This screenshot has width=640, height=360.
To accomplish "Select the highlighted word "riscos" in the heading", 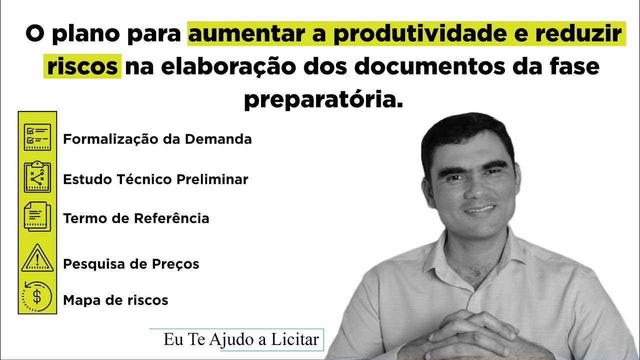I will point(82,66).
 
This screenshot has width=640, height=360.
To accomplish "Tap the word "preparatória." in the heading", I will point(323,99).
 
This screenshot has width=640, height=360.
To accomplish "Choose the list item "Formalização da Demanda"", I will point(157,139).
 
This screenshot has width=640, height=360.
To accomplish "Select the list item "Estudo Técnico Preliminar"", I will point(155,179).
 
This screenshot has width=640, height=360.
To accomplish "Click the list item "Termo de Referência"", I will point(136,218).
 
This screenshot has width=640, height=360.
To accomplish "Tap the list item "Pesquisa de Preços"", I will point(131,263).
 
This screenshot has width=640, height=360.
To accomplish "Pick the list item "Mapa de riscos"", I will point(115,300).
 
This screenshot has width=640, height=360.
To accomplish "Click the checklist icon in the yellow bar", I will point(37,136).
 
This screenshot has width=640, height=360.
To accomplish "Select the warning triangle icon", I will point(37,258).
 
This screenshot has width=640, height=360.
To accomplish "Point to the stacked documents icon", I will point(37,216).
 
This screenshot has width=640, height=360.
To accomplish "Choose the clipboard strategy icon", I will point(37,176).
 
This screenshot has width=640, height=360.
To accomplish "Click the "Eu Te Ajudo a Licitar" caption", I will point(241,340).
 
